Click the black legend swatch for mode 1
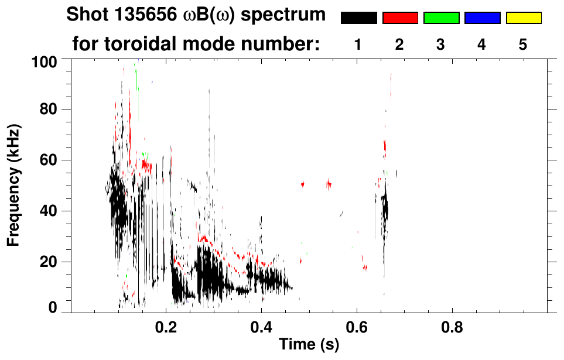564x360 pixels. (358, 18)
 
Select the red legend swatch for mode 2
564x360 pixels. (400, 18)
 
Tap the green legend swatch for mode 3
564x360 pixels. (441, 18)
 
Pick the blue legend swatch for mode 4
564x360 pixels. (482, 18)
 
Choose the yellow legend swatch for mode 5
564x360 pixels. (523, 18)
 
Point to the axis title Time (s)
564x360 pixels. (309, 345)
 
